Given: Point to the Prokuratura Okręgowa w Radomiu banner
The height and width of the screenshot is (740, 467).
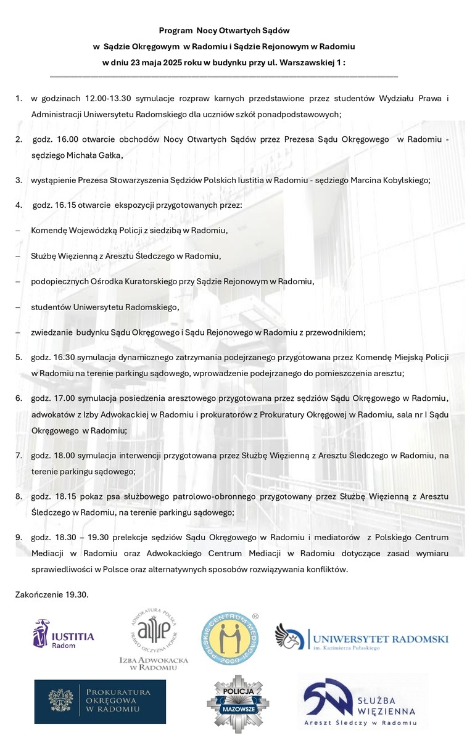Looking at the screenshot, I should click(100, 701).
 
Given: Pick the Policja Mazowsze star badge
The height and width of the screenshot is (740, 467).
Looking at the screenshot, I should click(238, 705).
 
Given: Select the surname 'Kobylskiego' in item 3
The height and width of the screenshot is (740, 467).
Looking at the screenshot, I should click(405, 180).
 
